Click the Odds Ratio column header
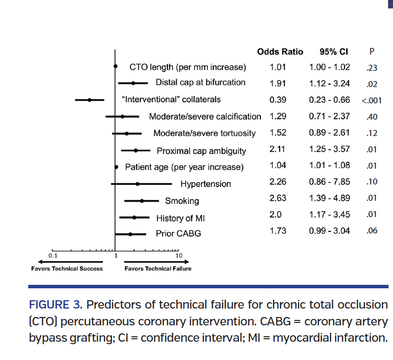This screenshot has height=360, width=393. pyautogui.click(x=280, y=52)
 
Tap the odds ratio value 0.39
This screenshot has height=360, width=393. pyautogui.click(x=278, y=100)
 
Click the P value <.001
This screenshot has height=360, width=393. pyautogui.click(x=371, y=100)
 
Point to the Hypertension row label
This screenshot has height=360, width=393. pyautogui.click(x=205, y=184)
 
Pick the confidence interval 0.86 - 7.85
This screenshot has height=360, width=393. pyautogui.click(x=329, y=181)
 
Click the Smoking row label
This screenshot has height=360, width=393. pyautogui.click(x=182, y=201)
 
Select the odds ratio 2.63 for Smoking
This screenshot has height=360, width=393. pyautogui.click(x=278, y=198)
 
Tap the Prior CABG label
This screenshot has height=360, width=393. pyautogui.click(x=178, y=233)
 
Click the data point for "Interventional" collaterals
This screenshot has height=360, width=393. pyautogui.click(x=90, y=99)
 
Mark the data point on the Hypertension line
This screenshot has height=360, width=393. pyautogui.click(x=138, y=184)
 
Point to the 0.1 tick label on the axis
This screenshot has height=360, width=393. pyautogui.click(x=53, y=256)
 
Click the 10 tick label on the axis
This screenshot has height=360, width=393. pyautogui.click(x=179, y=256)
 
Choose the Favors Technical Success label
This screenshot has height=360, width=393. pyautogui.click(x=67, y=269)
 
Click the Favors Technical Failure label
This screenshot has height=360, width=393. pyautogui.click(x=157, y=269)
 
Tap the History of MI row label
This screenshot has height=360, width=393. pyautogui.click(x=180, y=218)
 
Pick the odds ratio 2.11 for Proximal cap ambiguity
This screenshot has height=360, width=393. pyautogui.click(x=278, y=148)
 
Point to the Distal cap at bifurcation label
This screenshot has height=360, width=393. pyautogui.click(x=200, y=83)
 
